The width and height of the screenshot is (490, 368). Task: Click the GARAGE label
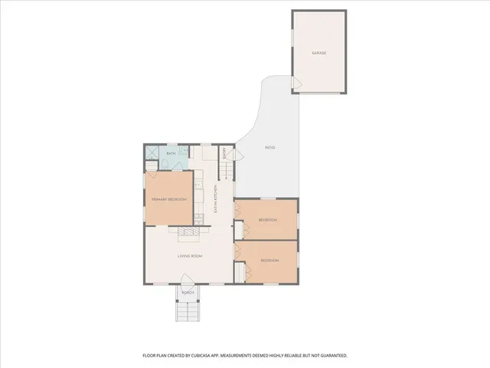click(x=318, y=53)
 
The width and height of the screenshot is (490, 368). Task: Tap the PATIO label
click(x=269, y=146)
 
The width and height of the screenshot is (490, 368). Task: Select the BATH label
click(x=171, y=154)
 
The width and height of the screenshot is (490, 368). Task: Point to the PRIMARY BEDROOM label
click(x=168, y=199)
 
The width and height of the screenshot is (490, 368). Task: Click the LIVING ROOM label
click(x=189, y=255)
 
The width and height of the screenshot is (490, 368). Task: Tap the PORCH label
click(x=188, y=293)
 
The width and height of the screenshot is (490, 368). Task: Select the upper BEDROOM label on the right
click(x=267, y=220)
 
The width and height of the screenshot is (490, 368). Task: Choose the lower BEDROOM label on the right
click(x=269, y=261)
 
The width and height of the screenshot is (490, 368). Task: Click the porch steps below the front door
click(x=188, y=310)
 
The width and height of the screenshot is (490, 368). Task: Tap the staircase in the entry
click(x=226, y=165)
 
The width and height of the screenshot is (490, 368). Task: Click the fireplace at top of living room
click(x=188, y=230)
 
